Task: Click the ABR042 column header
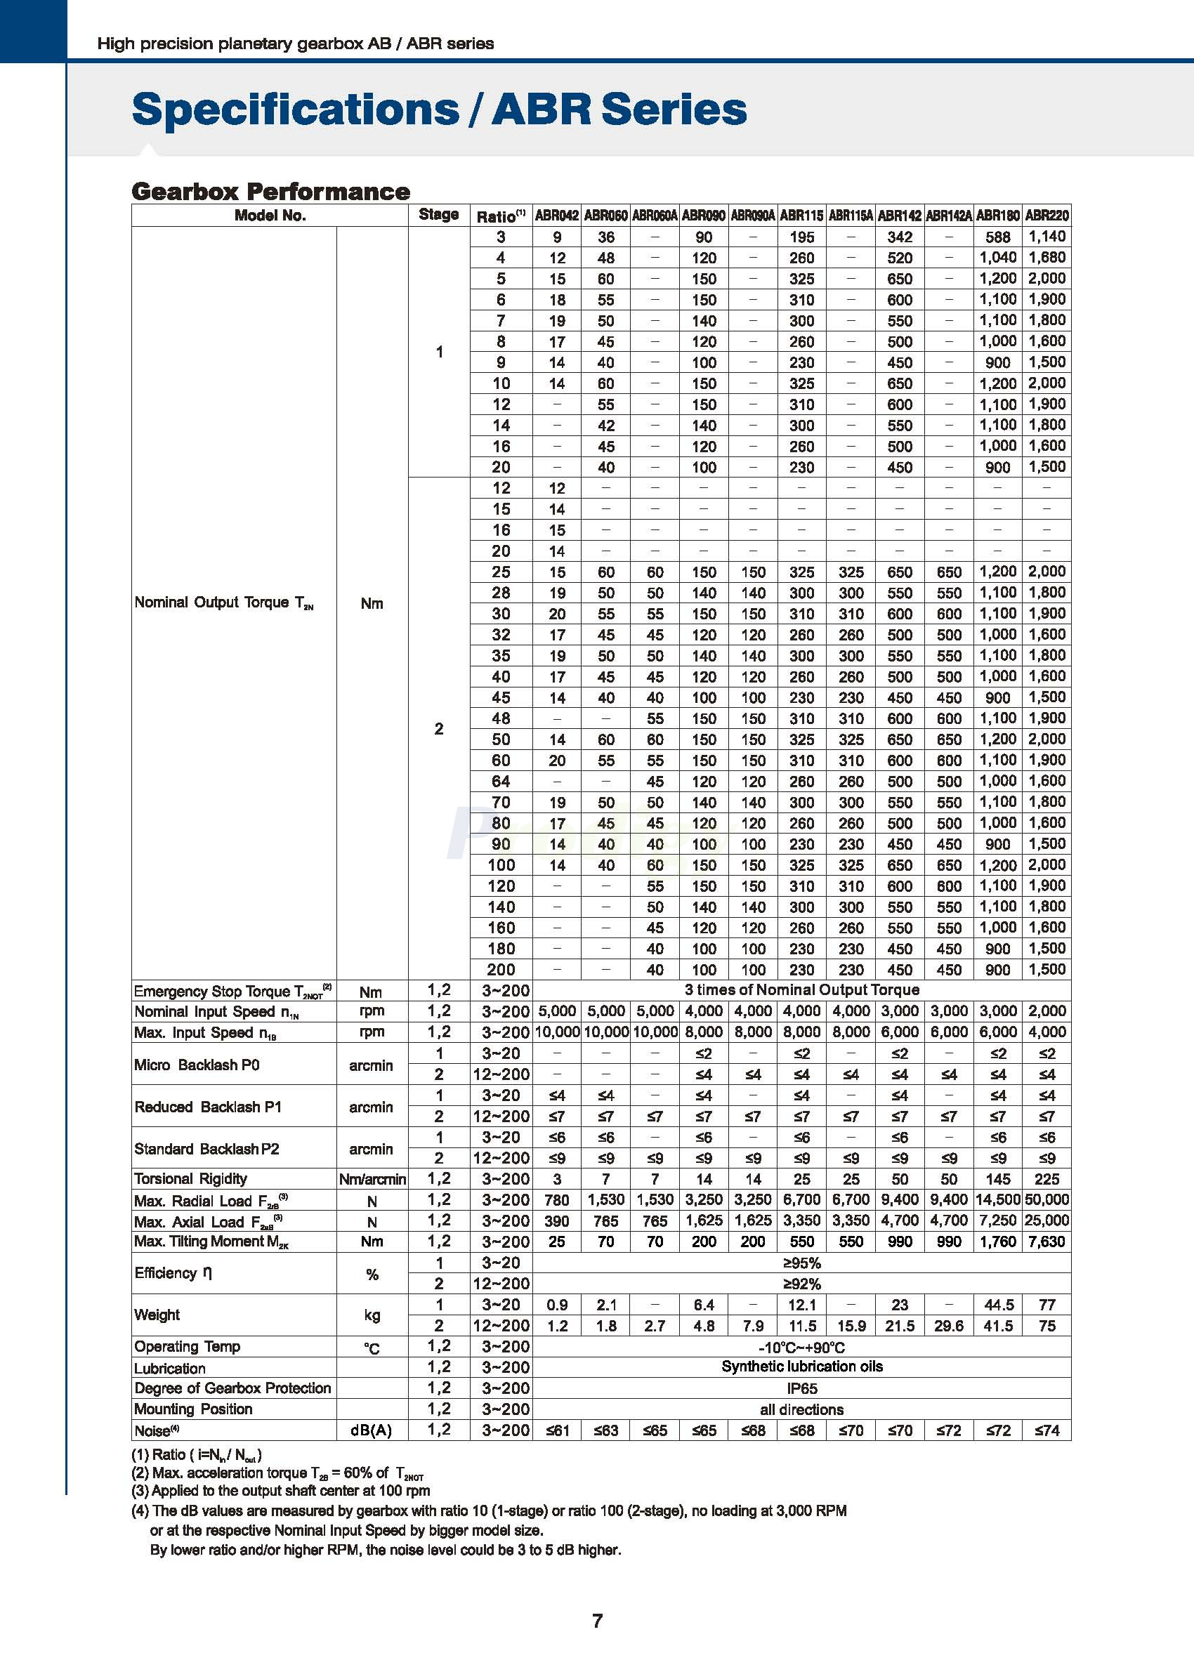(556, 216)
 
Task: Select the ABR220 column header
(1047, 216)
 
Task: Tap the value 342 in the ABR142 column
(899, 237)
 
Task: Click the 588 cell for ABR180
(998, 237)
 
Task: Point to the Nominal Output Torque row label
(223, 603)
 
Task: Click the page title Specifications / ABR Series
(439, 109)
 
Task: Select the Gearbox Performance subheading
(270, 191)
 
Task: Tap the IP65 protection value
(801, 1388)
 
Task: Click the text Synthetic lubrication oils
(801, 1367)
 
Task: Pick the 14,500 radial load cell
(998, 1199)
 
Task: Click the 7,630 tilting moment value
(1047, 1242)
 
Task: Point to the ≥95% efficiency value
(801, 1263)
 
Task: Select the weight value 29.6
(948, 1326)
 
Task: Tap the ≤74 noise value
(1047, 1430)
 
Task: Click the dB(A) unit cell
(372, 1430)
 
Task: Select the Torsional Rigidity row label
(191, 1179)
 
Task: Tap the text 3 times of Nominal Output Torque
(801, 990)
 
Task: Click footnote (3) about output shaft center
(281, 1490)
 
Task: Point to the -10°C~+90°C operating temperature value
(801, 1347)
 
